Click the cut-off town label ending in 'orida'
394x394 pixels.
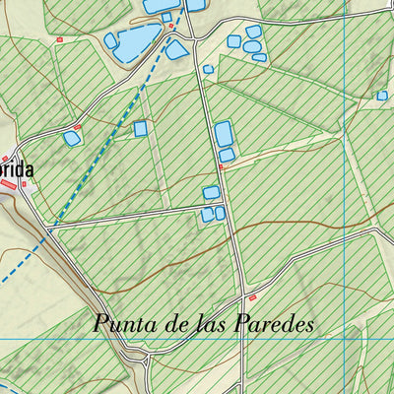click(17, 169)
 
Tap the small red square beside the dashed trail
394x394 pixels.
click(171, 27)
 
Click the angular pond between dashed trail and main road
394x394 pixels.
click(176, 49)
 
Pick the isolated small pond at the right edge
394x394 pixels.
click(382, 96)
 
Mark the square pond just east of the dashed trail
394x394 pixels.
click(141, 128)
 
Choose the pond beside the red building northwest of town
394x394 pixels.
click(72, 139)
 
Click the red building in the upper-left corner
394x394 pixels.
click(59, 39)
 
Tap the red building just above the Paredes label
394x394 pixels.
click(252, 298)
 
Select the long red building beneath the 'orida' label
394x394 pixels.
click(20, 184)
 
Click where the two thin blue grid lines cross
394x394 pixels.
click(344, 339)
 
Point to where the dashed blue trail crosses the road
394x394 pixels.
click(52, 226)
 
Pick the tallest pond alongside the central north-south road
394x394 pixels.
click(224, 134)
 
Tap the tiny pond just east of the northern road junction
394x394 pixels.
click(208, 69)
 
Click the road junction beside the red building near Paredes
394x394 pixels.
click(242, 295)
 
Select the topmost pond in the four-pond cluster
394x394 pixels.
click(253, 32)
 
